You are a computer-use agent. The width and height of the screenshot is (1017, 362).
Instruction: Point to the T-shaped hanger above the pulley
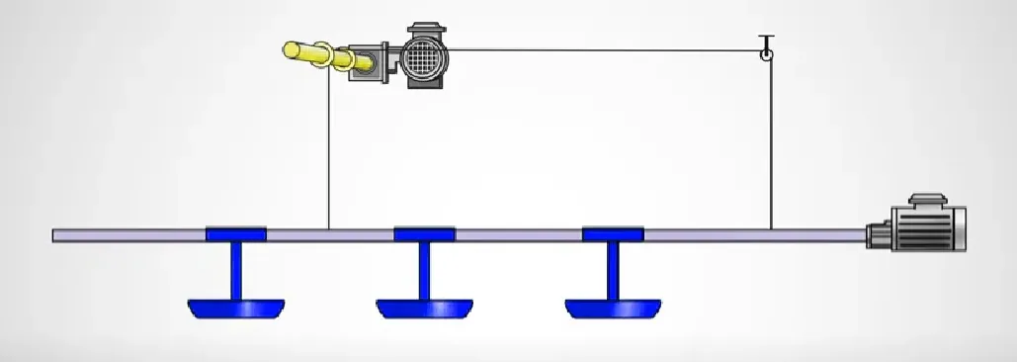click(765, 40)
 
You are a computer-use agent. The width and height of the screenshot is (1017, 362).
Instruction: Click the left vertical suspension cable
click(328, 148)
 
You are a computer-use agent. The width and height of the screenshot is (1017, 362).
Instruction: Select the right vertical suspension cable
click(771, 148)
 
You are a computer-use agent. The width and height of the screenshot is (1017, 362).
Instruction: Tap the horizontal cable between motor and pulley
click(603, 49)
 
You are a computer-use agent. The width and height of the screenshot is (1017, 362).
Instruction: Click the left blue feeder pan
click(236, 309)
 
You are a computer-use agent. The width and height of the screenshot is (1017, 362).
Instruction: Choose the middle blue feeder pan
click(425, 309)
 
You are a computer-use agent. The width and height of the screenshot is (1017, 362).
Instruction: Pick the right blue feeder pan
click(614, 309)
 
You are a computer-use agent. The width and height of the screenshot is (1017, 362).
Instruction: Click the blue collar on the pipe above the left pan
click(236, 234)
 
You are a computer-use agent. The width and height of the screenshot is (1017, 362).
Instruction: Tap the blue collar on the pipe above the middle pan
click(425, 234)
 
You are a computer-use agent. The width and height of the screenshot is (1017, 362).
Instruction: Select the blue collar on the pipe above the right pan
click(614, 234)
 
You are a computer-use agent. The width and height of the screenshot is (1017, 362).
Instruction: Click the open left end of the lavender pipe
click(56, 235)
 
